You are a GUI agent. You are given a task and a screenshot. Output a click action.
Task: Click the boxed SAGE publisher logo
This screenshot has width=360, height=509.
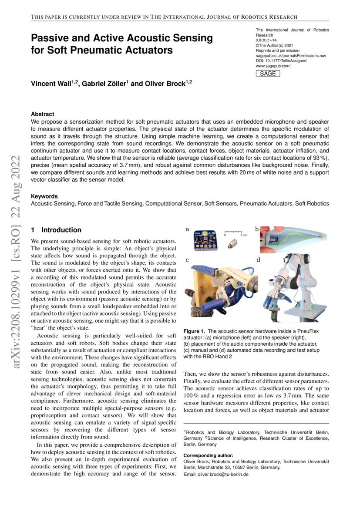pyautogui.click(x=267, y=74)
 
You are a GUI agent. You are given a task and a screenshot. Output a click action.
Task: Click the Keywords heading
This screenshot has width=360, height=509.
pyautogui.click(x=44, y=196)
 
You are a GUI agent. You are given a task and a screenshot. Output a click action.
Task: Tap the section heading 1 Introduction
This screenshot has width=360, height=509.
pyautogui.click(x=56, y=230)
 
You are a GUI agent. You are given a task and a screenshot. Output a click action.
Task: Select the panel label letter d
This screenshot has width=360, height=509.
pyautogui.click(x=258, y=260)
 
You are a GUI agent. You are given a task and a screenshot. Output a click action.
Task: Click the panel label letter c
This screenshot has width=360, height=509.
pyautogui.click(x=187, y=260)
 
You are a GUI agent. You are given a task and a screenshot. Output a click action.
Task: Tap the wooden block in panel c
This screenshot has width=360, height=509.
pyautogui.click(x=206, y=287)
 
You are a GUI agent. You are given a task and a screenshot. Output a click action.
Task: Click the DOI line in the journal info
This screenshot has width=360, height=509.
pyautogui.click(x=281, y=61)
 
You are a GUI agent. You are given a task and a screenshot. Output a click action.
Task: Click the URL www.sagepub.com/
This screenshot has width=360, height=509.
pyautogui.click(x=273, y=66)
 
